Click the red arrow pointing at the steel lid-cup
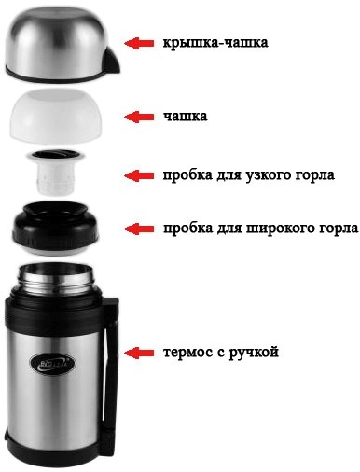pyautogui.click(x=139, y=43)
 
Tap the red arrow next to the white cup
pyautogui.click(x=139, y=116)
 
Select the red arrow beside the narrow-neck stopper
pyautogui.click(x=139, y=174)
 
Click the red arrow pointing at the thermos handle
pyautogui.click(x=139, y=353)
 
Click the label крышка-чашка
pyautogui.click(x=214, y=43)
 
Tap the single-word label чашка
pyautogui.click(x=185, y=117)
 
